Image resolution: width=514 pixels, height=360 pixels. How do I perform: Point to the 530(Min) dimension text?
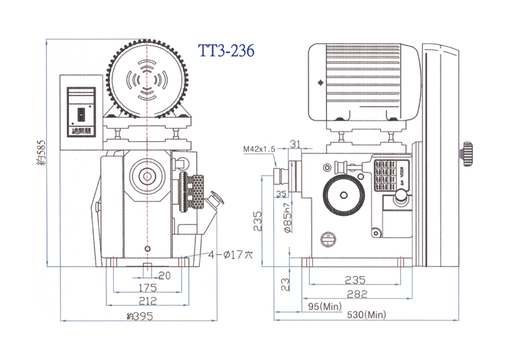coord(366,314)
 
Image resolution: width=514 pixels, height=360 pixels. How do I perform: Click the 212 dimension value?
coord(147,301)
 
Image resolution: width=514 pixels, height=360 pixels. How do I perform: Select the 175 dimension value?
coord(147,288)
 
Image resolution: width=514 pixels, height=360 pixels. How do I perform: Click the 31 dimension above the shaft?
coord(295,143)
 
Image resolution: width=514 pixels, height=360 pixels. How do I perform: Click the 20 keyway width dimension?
coord(164,275)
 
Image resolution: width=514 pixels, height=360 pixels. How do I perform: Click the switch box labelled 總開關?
coord(80,110)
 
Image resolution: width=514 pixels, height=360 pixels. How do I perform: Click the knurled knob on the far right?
coord(468,154)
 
